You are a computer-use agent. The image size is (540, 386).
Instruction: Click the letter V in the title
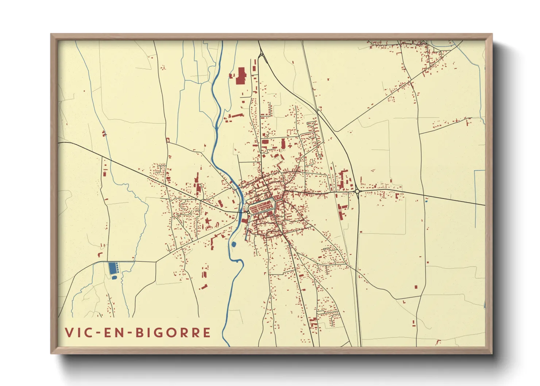pyautogui.click(x=68, y=332)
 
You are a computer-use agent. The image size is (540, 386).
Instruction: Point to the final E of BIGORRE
pyautogui.click(x=207, y=333)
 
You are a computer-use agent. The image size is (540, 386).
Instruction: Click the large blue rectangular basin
pyautogui.click(x=112, y=268)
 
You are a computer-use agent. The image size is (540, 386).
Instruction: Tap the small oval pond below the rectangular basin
pyautogui.click(x=114, y=278)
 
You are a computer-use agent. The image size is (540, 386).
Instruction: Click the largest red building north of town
pyautogui.click(x=241, y=76)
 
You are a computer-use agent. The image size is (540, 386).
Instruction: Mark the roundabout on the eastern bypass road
pyautogui.click(x=357, y=191)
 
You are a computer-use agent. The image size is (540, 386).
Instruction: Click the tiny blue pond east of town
pyautogui.click(x=426, y=200)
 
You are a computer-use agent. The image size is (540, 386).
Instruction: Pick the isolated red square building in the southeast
pyautogui.click(x=416, y=287)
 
